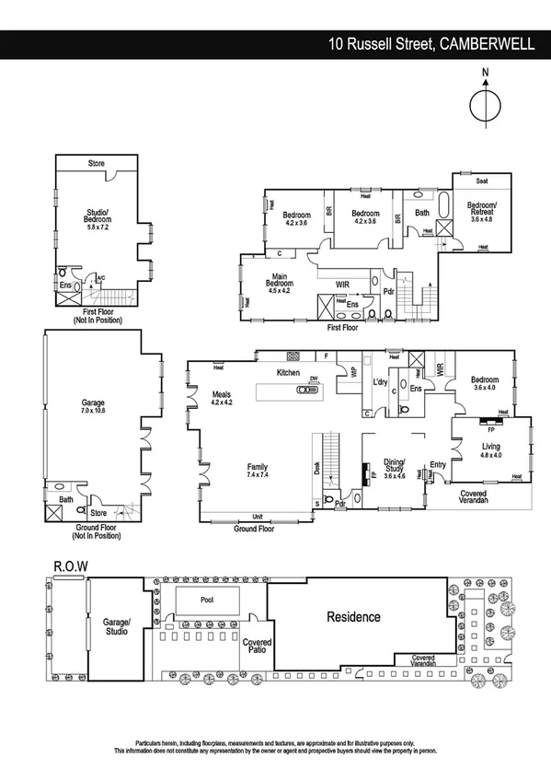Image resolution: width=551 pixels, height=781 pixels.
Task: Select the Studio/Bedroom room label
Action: click(97, 220)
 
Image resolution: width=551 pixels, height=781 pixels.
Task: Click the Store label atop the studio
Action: click(97, 163)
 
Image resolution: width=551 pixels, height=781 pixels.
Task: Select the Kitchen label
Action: click(289, 372)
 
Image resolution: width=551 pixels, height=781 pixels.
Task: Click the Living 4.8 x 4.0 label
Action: click(490, 449)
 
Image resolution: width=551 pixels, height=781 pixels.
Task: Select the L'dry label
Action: click(379, 381)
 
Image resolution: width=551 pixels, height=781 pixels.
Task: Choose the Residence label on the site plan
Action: click(354, 616)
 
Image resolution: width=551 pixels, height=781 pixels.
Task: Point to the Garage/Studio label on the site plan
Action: click(117, 627)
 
